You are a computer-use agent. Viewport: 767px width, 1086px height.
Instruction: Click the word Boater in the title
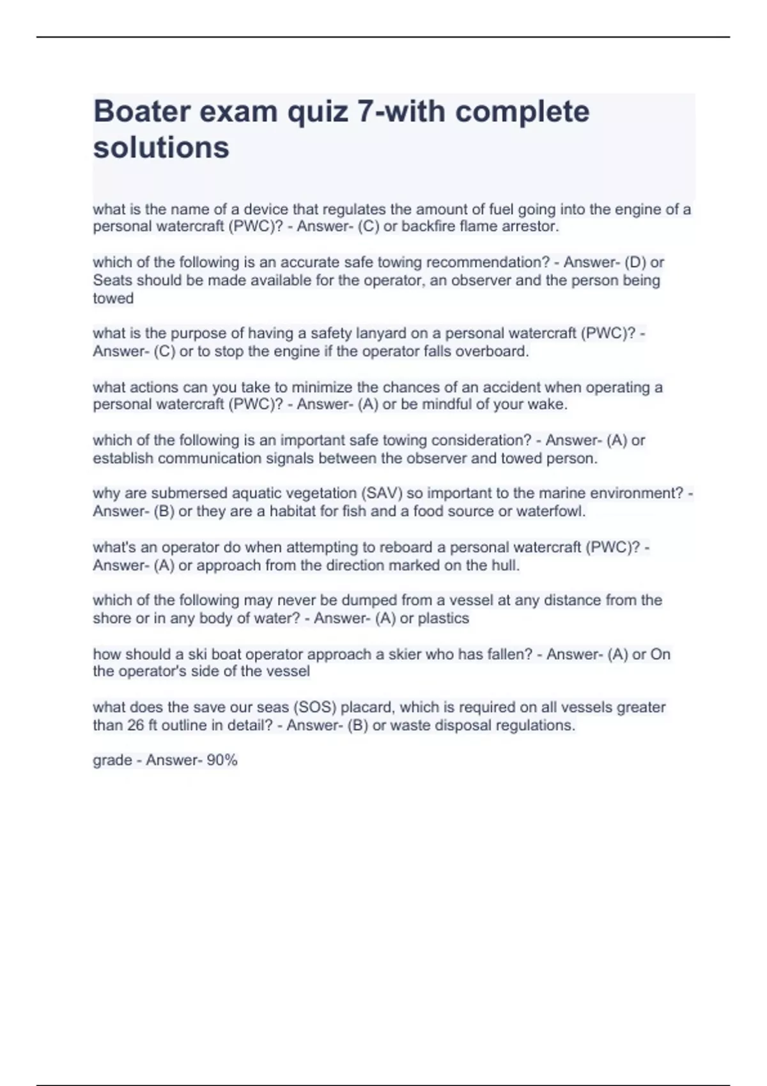(141, 112)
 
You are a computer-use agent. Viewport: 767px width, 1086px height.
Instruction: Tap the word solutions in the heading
(161, 148)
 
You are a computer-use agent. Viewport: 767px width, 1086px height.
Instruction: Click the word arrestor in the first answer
(532, 227)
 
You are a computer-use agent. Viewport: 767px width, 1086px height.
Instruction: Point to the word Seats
(112, 280)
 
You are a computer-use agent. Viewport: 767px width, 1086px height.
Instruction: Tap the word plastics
(444, 618)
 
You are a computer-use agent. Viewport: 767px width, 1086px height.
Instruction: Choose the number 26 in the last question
(136, 726)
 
